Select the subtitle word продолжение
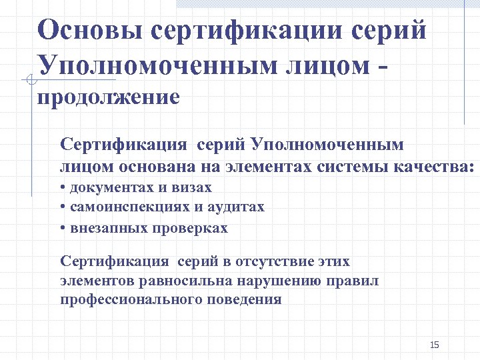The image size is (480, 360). tap(108, 98)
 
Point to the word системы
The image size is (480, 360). tap(347, 166)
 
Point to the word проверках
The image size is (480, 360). tap(191, 228)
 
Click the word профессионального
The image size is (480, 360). tap(129, 299)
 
